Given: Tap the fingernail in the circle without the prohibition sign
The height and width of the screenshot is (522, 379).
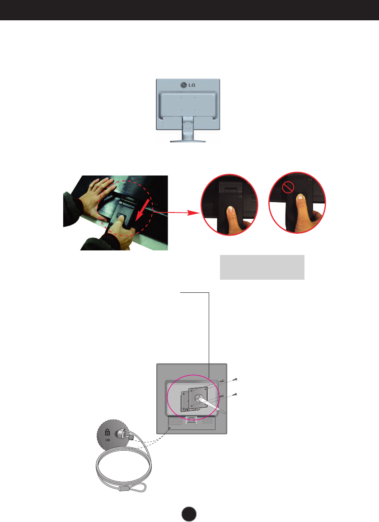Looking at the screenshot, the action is [x=231, y=210].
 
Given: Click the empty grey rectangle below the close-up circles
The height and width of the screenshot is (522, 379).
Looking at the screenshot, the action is [x=262, y=267].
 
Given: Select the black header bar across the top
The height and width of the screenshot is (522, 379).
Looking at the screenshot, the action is [x=189, y=10].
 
